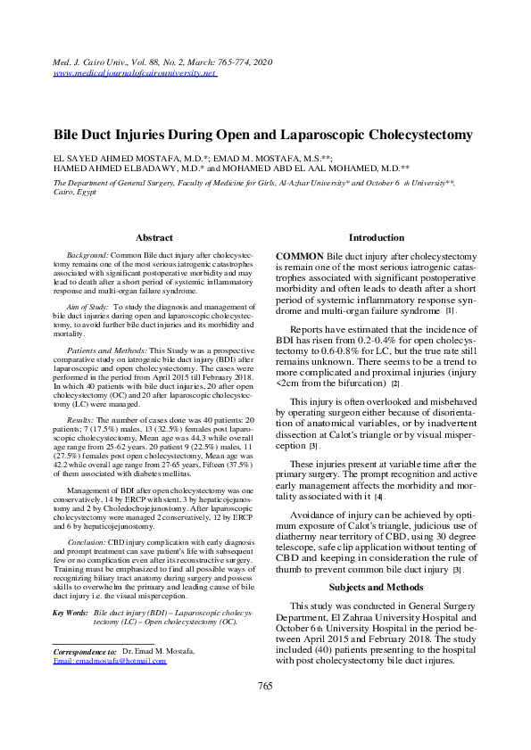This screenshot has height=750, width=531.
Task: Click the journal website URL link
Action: coord(135,74)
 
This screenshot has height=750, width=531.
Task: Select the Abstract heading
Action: coord(153,238)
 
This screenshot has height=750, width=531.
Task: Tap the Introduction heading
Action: coord(376,238)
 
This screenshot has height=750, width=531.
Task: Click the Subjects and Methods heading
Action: coord(376,562)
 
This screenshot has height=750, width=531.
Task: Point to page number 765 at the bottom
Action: coord(265,711)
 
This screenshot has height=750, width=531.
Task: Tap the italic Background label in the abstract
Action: coord(89,256)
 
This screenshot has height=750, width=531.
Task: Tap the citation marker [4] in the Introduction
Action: coord(379,497)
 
